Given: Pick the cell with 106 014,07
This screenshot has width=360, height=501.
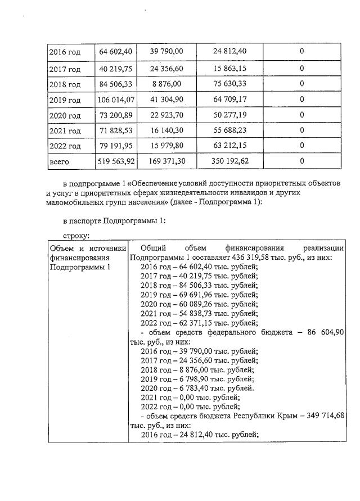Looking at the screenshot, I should (x=116, y=100).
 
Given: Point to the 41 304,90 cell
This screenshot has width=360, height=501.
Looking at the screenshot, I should (x=166, y=100).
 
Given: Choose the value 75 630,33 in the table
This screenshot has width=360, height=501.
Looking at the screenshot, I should (x=230, y=84).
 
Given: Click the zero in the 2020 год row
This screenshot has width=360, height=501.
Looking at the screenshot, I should (x=301, y=116).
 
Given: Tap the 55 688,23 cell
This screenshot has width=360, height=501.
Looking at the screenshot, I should (x=230, y=130).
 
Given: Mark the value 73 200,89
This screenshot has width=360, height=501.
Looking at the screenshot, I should (x=116, y=116).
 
